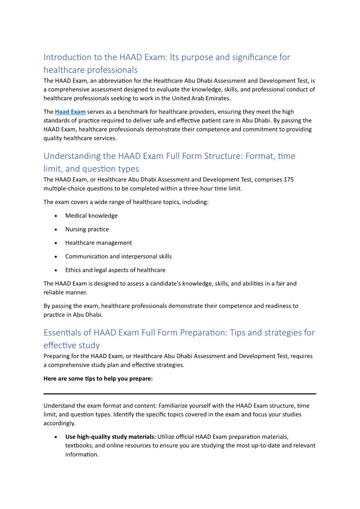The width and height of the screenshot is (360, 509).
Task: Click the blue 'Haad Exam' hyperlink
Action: click(x=70, y=111)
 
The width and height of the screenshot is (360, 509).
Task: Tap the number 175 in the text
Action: click(x=289, y=179)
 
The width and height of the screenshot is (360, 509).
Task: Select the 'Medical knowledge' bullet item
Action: click(x=91, y=216)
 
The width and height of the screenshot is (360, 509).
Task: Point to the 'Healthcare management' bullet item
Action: click(x=98, y=243)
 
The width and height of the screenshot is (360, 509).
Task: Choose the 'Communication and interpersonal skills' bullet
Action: click(x=118, y=257)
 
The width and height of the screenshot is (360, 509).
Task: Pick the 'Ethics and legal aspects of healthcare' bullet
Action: click(x=115, y=270)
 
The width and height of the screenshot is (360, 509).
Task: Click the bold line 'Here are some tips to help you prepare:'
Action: click(x=98, y=378)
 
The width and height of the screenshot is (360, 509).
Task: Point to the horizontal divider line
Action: click(x=180, y=393)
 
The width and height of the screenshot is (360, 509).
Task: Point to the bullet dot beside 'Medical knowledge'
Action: click(x=55, y=216)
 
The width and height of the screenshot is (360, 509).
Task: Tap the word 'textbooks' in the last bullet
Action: click(x=78, y=446)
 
